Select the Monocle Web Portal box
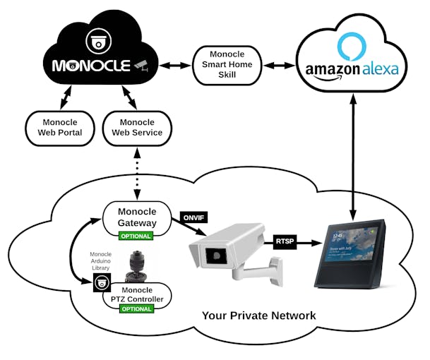(x=60, y=128)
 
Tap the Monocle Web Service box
(x=137, y=128)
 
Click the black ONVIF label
(x=195, y=217)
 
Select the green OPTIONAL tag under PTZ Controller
(x=137, y=309)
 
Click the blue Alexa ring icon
(x=352, y=46)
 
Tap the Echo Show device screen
(x=352, y=251)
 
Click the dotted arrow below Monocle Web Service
(x=137, y=173)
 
